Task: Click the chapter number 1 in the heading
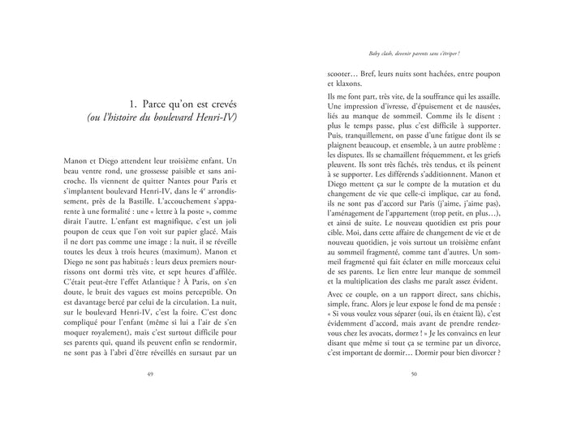132,105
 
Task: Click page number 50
413,374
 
